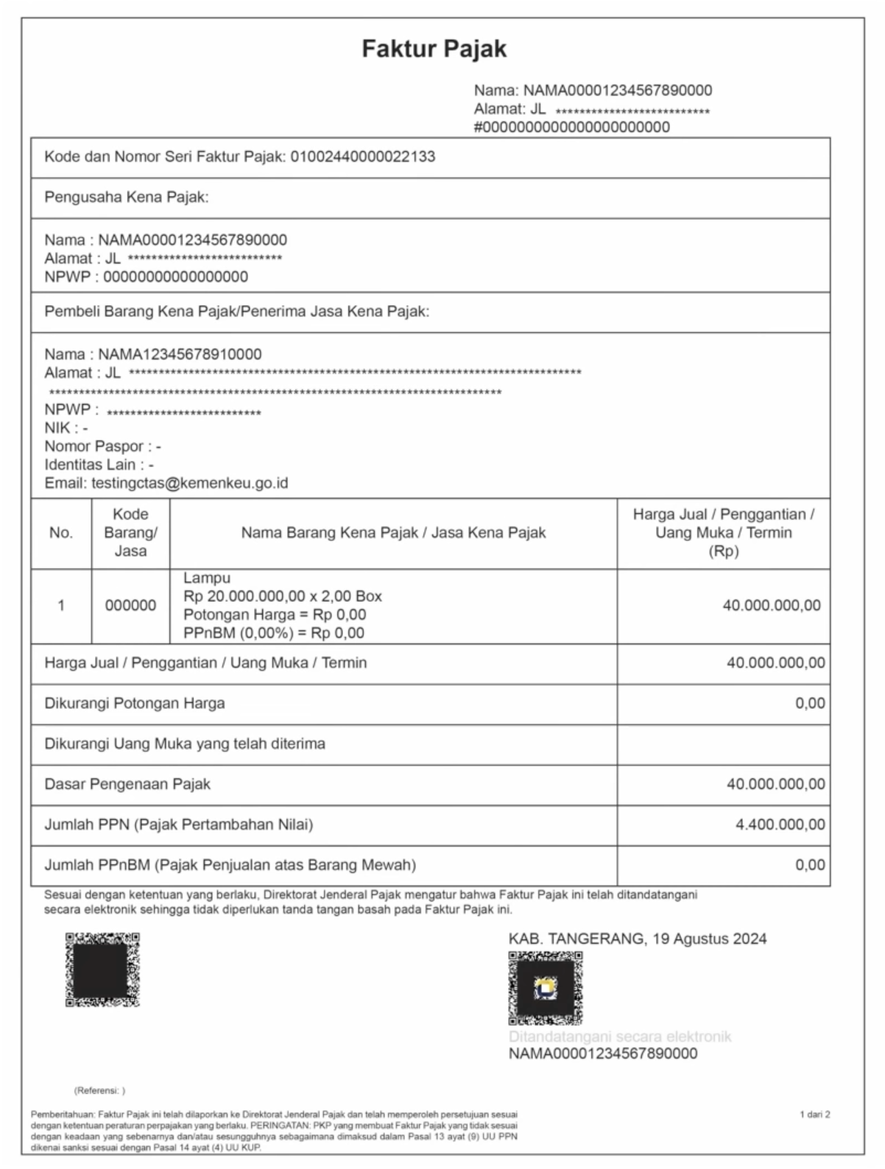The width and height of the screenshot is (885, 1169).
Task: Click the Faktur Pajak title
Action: (434, 49)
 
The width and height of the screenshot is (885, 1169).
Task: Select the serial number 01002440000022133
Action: (363, 157)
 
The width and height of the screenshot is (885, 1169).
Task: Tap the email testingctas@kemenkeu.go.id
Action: (189, 484)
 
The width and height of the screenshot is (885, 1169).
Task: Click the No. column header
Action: (61, 533)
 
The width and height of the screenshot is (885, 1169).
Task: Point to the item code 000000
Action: (130, 606)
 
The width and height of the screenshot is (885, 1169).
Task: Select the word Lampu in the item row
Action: (207, 579)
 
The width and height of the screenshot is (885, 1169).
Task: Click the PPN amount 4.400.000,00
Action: (780, 825)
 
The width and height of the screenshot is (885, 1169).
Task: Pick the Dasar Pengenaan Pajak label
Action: (127, 785)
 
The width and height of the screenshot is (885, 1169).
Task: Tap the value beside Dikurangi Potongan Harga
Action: (809, 704)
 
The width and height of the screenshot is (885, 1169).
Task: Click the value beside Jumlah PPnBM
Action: (809, 866)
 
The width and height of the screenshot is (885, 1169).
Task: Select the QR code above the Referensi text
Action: (102, 970)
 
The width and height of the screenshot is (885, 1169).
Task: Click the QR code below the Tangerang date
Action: (545, 988)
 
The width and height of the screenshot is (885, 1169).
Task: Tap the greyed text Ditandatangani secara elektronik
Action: (620, 1037)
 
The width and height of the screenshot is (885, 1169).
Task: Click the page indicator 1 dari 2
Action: (814, 1115)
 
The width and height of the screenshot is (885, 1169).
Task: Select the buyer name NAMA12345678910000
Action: (180, 355)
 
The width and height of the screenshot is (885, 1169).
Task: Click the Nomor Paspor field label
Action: (94, 447)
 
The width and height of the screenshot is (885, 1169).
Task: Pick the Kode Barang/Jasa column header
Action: (130, 533)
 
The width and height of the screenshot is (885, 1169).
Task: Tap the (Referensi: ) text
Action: (99, 1091)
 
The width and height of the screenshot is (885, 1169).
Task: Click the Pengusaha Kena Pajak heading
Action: (127, 197)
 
